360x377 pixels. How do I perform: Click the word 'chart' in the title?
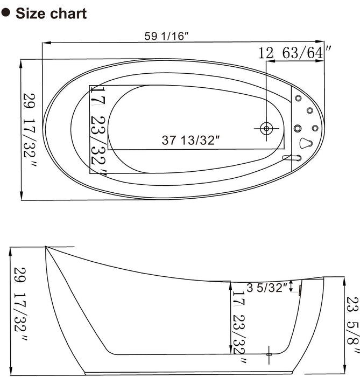pos(68,13)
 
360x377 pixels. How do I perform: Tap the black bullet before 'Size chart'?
pos(7,13)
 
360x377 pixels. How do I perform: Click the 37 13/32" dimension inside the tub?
pos(192,140)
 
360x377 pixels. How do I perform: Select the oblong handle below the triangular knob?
pos(292,158)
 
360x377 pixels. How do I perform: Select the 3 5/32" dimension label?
pos(266,288)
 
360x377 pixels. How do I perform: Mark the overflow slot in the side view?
pos(300,290)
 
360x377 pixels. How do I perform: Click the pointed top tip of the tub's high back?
pos(46,247)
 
